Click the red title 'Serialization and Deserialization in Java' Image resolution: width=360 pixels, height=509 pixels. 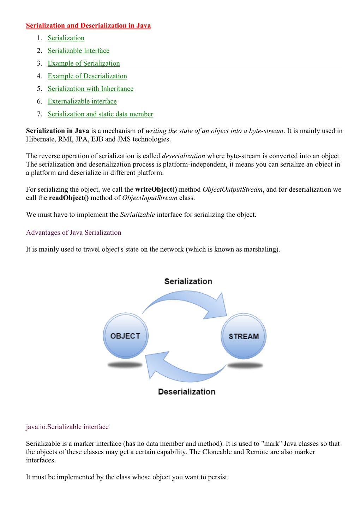pyautogui.click(x=88, y=25)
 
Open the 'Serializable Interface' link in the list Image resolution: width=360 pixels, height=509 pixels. pyautogui.click(x=78, y=51)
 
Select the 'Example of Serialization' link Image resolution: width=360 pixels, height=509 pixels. pyautogui.click(x=84, y=64)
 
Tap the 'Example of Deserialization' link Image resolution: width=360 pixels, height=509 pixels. pyautogui.click(x=87, y=76)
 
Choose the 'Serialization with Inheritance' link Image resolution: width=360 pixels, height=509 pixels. pyautogui.click(x=90, y=89)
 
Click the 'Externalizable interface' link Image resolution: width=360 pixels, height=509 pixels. pyautogui.click(x=82, y=102)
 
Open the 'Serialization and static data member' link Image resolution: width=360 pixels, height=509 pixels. pyautogui.click(x=100, y=114)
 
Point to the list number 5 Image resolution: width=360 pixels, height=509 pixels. pyautogui.click(x=39, y=89)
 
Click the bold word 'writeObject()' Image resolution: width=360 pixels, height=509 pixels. pyautogui.click(x=156, y=190)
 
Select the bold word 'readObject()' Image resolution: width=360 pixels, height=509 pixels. pyautogui.click(x=69, y=198)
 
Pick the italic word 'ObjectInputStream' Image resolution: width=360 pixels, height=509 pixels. pyautogui.click(x=150, y=198)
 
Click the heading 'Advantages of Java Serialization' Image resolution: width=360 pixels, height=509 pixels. pyautogui.click(x=73, y=233)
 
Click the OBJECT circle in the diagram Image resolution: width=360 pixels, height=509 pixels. pyautogui.click(x=126, y=336)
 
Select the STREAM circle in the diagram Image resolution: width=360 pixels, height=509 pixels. pyautogui.click(x=244, y=336)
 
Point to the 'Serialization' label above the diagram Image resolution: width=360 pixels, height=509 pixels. pyautogui.click(x=188, y=281)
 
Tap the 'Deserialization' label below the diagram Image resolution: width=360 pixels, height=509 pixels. pyautogui.click(x=187, y=392)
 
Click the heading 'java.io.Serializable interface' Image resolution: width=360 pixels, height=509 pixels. pyautogui.click(x=67, y=427)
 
